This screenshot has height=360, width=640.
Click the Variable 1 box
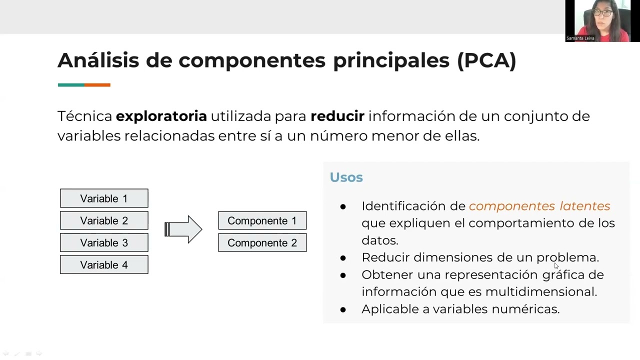coord(104,198)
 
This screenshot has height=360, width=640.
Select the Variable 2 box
coord(104,220)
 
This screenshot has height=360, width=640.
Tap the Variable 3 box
coord(104,242)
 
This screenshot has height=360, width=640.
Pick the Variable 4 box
coord(104,264)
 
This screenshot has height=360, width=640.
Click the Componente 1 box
coord(262,220)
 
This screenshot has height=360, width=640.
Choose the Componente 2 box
coord(262,242)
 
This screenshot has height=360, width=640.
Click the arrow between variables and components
coord(183,229)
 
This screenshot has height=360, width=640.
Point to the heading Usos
coord(346,177)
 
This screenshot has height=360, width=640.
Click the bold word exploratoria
coord(161,116)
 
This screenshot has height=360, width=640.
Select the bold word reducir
coord(337,116)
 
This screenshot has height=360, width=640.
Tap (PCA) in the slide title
coord(486,60)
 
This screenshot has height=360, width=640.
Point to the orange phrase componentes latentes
coord(539,206)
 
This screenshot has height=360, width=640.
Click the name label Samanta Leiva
coord(580,38)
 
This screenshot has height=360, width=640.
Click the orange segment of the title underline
coord(97,85)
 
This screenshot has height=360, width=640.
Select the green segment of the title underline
coord(71,85)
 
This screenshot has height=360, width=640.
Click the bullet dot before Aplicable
coord(343,309)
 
